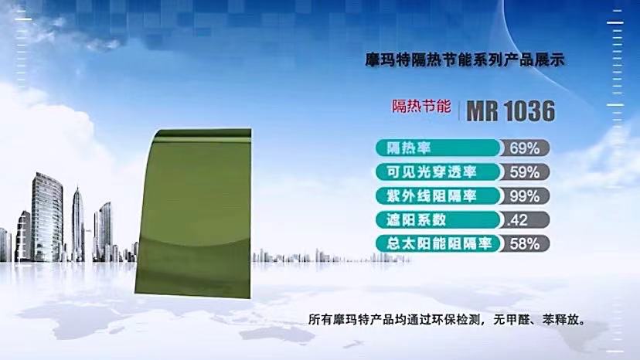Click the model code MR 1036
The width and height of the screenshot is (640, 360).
tap(511, 110)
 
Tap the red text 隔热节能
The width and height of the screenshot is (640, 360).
tap(421, 106)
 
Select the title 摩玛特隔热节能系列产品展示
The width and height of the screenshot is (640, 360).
tap(465, 60)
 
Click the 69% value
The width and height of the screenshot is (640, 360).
tap(525, 148)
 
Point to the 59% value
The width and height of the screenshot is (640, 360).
tap(525, 172)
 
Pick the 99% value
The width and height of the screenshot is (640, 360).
tap(525, 196)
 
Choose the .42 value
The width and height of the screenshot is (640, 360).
tap(517, 220)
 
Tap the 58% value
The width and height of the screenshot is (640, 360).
tap(525, 244)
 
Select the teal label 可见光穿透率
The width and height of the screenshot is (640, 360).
tap(431, 172)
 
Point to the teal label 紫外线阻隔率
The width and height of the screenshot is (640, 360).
tap(431, 196)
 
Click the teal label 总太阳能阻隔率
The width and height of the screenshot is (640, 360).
tap(439, 243)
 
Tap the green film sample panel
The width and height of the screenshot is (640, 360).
tap(193, 213)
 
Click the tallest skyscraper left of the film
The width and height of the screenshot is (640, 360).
tap(47, 217)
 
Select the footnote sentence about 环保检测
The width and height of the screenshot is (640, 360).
tap(447, 320)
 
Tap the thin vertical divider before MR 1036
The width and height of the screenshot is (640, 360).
tap(459, 110)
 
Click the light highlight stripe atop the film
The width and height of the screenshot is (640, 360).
tap(203, 140)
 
